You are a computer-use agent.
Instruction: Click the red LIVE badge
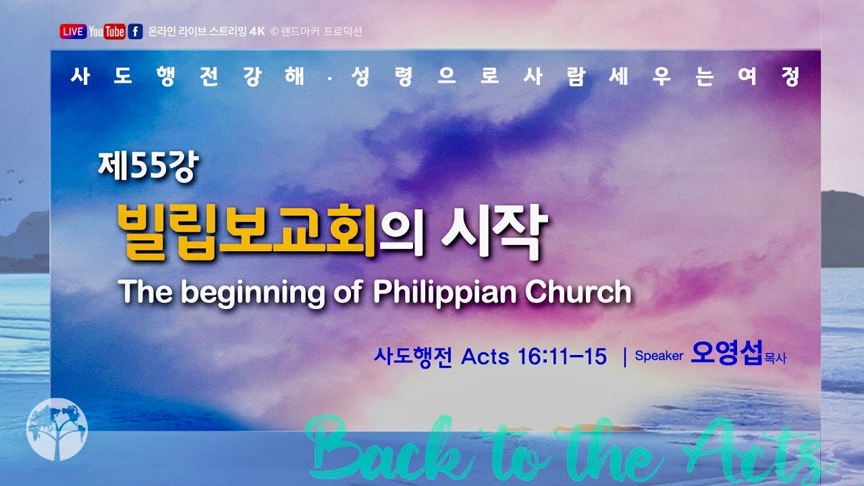pos(73,32)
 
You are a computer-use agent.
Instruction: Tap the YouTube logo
pos(107,32)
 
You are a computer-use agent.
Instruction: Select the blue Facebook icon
pos(135,32)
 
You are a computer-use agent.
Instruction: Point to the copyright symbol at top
pos(274,32)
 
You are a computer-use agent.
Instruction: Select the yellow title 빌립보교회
pos(246,230)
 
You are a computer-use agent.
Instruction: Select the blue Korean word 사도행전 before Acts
pos(412,356)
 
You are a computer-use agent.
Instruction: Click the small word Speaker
pos(659,356)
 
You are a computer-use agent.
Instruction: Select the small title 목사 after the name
pos(775,359)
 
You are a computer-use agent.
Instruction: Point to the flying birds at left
pos(13,189)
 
